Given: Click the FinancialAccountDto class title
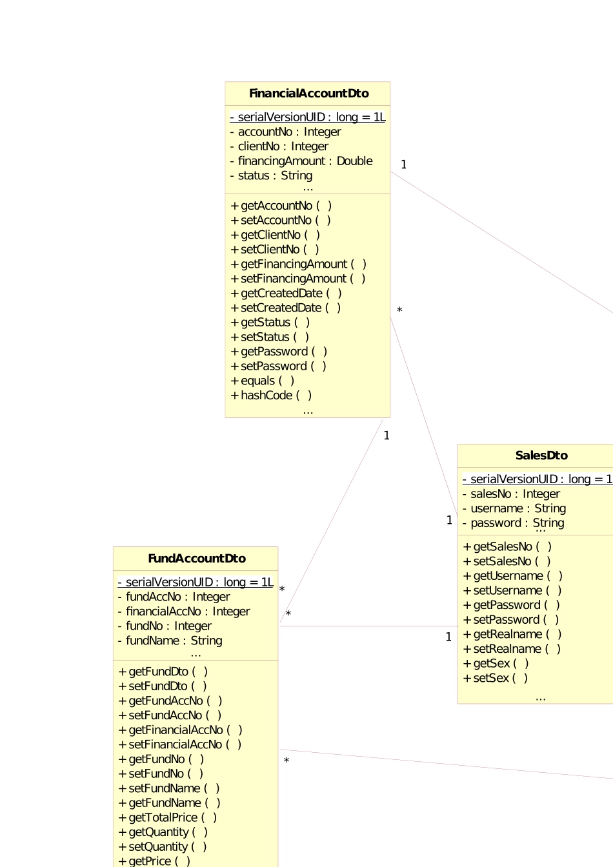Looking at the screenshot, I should point(308,94).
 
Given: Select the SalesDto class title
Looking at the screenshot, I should point(541,455).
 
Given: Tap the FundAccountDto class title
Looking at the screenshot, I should point(197,559).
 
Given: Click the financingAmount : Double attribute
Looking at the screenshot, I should point(301,161).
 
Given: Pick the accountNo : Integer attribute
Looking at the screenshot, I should point(286,132).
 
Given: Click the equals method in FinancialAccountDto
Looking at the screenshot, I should point(263,381).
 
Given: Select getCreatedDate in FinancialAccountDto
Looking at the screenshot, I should point(286,294).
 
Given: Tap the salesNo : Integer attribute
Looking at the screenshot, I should point(511,494).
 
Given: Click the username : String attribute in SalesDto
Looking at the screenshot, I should point(514,508).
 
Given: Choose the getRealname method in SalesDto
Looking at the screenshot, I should point(512,634).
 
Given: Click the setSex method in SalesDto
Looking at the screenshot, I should point(496,678).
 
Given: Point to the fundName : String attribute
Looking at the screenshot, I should point(170,641).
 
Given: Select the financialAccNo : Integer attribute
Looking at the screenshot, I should point(184,612).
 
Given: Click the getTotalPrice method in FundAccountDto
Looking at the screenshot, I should point(168,817).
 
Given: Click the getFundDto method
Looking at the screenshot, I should point(163,672).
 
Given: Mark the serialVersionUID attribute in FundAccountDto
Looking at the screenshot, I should point(196,583).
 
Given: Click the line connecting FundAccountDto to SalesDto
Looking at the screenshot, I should point(368,626).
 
